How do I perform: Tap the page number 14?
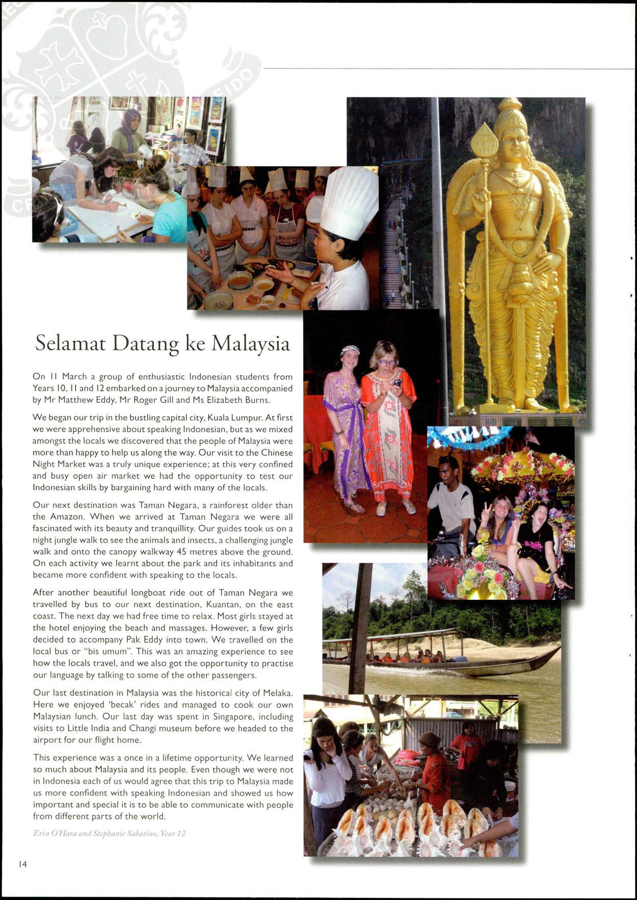22,864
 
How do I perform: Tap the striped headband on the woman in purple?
350,350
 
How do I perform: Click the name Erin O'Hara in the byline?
52,834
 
